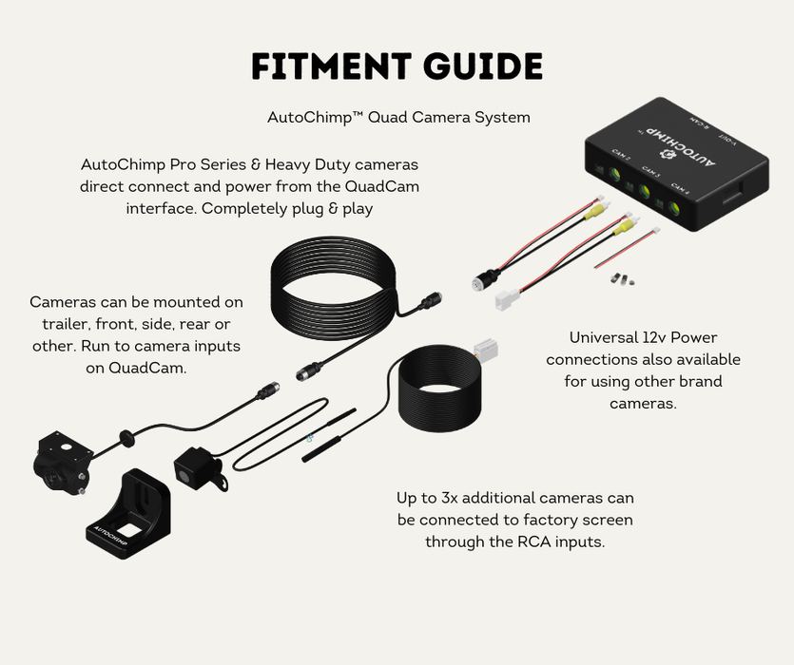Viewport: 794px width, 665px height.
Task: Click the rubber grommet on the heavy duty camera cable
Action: click(124, 438)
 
